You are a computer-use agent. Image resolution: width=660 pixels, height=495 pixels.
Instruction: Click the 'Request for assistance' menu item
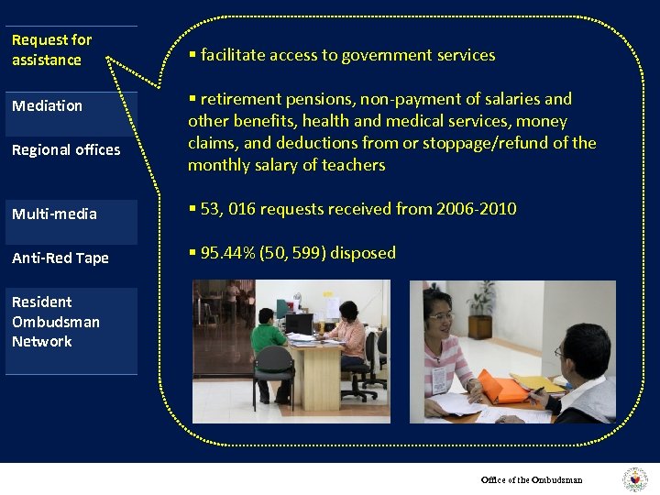52,50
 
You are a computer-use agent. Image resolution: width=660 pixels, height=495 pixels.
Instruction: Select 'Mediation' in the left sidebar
47,105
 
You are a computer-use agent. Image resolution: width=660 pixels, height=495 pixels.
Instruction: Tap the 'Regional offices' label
66,149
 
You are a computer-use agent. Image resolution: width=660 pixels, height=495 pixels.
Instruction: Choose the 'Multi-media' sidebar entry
54,214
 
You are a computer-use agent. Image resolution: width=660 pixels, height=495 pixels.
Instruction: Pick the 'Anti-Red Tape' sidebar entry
60,258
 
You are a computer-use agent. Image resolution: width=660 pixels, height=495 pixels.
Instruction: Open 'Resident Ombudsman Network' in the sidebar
56,321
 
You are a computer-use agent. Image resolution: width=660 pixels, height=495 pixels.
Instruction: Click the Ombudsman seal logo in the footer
634,479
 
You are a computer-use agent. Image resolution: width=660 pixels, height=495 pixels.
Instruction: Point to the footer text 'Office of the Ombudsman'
532,479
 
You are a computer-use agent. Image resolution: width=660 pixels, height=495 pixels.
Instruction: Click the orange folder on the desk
502,386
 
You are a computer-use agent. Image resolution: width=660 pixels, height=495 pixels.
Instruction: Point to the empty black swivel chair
274,385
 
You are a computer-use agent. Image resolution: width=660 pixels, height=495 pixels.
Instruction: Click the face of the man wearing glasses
574,349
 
